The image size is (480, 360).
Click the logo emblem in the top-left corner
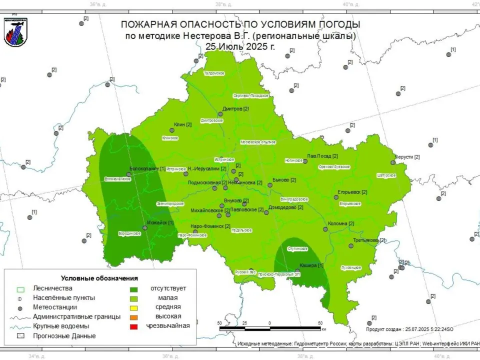15,32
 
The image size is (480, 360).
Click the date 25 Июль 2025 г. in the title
240,46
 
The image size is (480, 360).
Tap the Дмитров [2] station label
235,109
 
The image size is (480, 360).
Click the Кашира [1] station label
311,265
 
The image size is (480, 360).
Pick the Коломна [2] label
341,223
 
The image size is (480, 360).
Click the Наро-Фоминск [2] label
210,226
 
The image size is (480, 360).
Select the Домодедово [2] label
285,207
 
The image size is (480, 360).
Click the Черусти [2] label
407,157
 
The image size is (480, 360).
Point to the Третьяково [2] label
369,240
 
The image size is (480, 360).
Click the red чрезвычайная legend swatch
133,326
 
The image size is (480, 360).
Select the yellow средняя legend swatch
133,307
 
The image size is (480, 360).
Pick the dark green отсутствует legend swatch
133,289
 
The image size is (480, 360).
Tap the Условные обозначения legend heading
99,278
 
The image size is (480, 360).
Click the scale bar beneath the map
270,328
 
